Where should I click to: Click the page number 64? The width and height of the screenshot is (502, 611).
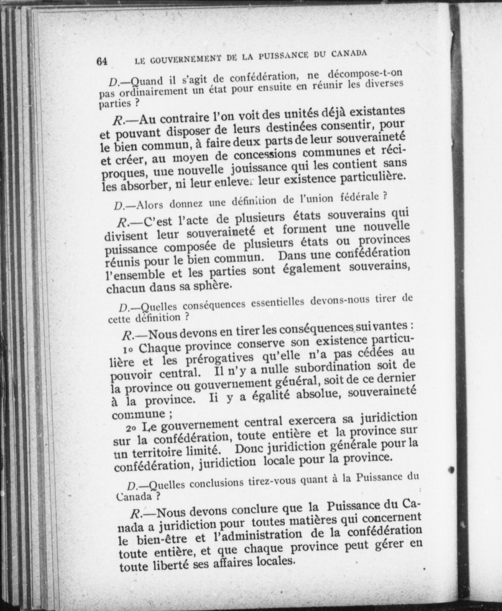pyautogui.click(x=102, y=61)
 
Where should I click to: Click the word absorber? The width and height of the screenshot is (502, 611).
pyautogui.click(x=144, y=185)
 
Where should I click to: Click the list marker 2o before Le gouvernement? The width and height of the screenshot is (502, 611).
pyautogui.click(x=131, y=428)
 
